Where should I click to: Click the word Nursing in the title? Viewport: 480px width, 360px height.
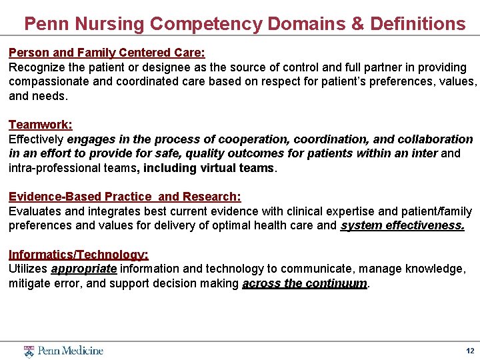(x=110, y=24)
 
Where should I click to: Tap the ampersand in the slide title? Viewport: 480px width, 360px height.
(x=358, y=24)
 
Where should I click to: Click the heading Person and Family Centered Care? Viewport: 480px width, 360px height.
(x=107, y=52)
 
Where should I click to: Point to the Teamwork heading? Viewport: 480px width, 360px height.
(x=40, y=125)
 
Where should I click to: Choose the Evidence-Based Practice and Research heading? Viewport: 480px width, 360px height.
(x=125, y=197)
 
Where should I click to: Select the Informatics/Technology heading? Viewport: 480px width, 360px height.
(x=79, y=255)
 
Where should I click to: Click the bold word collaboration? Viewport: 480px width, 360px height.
(x=435, y=139)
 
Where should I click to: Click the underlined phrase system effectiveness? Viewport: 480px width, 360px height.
(x=402, y=225)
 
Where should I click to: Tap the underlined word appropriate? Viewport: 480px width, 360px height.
(x=84, y=269)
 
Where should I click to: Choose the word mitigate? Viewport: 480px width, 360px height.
(x=29, y=283)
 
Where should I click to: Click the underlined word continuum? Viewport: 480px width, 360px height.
(x=337, y=283)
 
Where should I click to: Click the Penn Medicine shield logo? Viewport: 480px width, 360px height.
(x=29, y=351)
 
